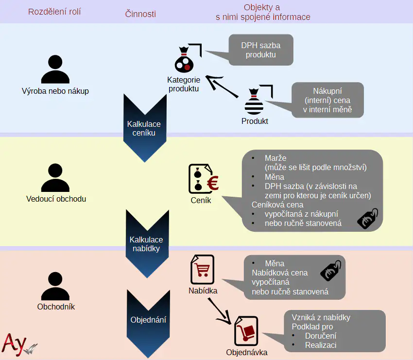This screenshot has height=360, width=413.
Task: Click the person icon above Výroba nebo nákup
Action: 55,70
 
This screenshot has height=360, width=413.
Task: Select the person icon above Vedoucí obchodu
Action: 55,178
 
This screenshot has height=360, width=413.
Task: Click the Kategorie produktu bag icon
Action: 185,60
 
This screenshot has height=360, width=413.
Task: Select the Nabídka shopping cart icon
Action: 202,269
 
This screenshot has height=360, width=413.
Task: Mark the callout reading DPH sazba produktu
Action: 260,50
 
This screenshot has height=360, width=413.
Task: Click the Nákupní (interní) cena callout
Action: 327,100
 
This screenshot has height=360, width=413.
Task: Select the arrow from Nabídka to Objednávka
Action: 220,310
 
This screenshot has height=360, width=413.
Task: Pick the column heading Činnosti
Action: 140,14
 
